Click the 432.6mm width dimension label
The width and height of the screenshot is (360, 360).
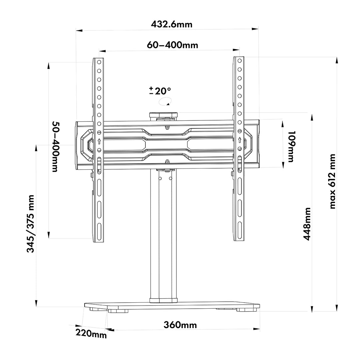click(172, 25)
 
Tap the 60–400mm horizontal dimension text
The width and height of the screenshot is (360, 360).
click(172, 45)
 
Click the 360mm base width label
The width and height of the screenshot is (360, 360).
click(180, 325)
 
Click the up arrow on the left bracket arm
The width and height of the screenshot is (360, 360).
click(99, 141)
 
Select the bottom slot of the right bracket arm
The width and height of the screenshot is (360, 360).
click(239, 229)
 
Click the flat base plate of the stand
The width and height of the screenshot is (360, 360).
click(172, 305)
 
